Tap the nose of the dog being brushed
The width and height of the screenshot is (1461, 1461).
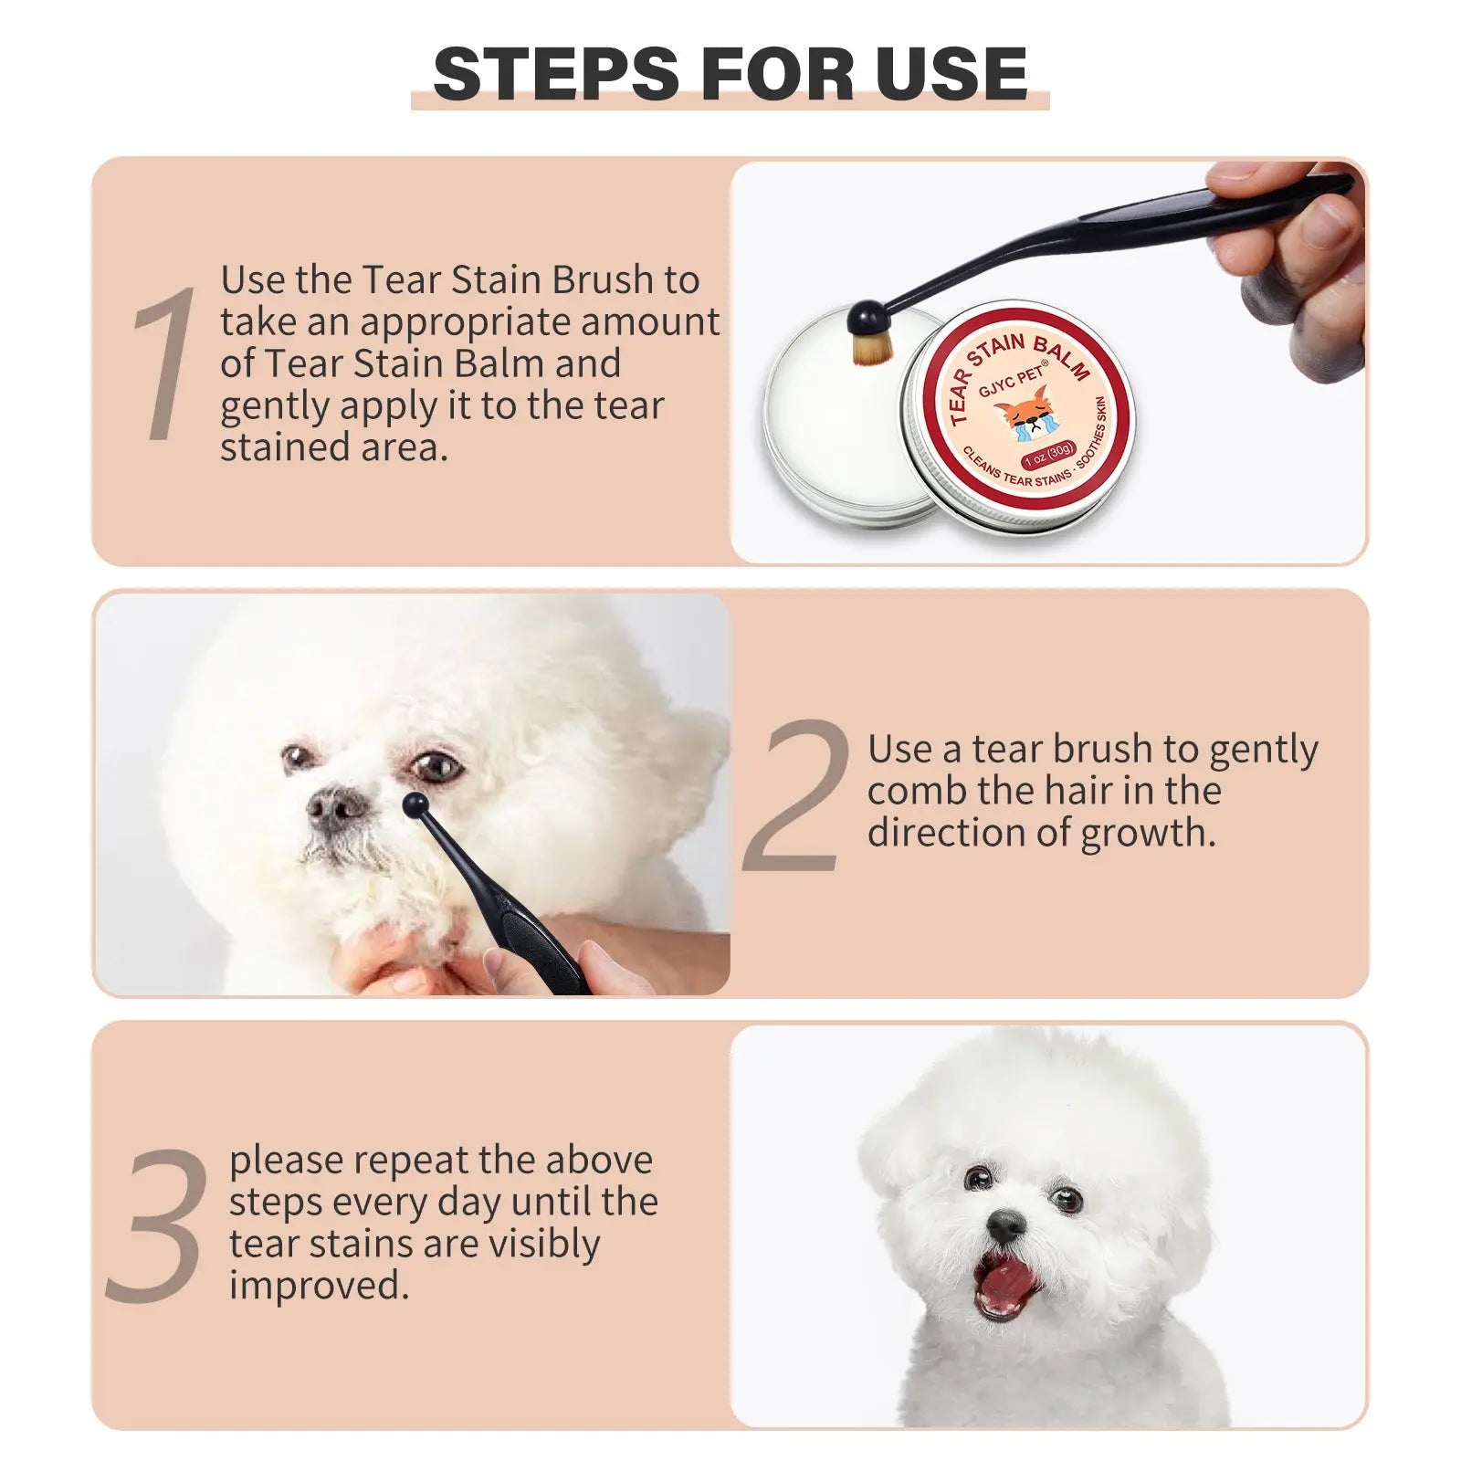[334, 807]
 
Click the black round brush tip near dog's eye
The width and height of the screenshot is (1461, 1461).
[415, 805]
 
